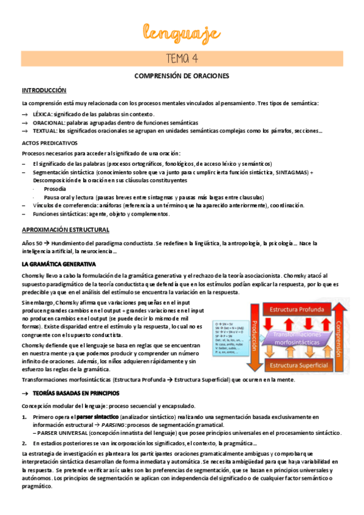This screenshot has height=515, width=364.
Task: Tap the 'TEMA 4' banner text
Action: click(x=182, y=58)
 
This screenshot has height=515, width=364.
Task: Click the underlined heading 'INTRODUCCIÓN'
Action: click(x=44, y=89)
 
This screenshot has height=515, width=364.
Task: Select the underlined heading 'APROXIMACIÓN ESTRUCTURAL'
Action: click(x=66, y=230)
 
